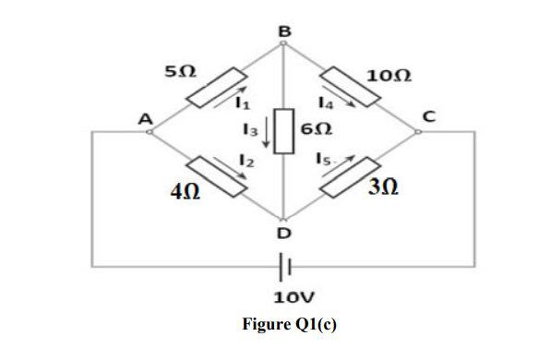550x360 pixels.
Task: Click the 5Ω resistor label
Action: [179, 70]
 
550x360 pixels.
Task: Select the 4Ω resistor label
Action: [185, 192]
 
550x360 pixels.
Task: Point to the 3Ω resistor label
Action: [382, 190]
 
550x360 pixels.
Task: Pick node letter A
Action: [144, 117]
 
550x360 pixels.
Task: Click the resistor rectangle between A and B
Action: [217, 89]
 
